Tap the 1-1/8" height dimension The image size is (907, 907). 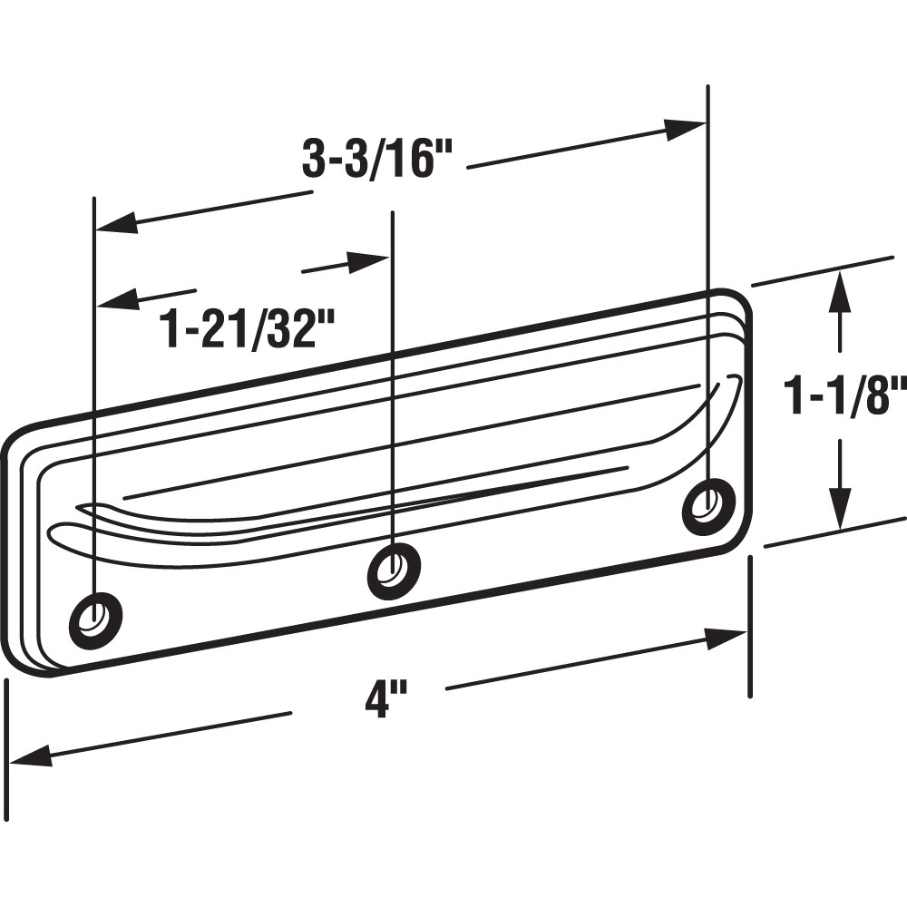tap(845, 397)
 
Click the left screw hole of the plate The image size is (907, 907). tap(95, 619)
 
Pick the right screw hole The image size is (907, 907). tap(708, 505)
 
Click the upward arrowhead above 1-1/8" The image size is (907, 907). tap(842, 292)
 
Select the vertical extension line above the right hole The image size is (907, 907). tap(707, 272)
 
